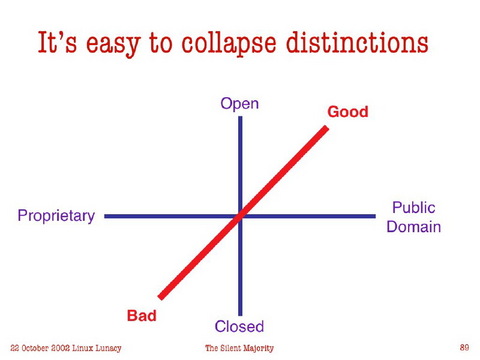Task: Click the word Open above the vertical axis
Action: pos(239,104)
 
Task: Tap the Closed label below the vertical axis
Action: pos(239,326)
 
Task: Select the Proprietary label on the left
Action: pos(56,216)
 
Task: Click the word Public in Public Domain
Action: pos(413,208)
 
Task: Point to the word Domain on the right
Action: pos(413,226)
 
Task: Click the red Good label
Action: pos(347,112)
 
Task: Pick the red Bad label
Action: pos(142,315)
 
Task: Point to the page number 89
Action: pos(464,347)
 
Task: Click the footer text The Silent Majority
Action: pos(239,347)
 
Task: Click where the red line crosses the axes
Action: pos(240,215)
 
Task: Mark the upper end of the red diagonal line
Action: pos(326,129)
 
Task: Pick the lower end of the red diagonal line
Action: pos(159,297)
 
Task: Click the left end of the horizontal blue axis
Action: pos(106,216)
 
